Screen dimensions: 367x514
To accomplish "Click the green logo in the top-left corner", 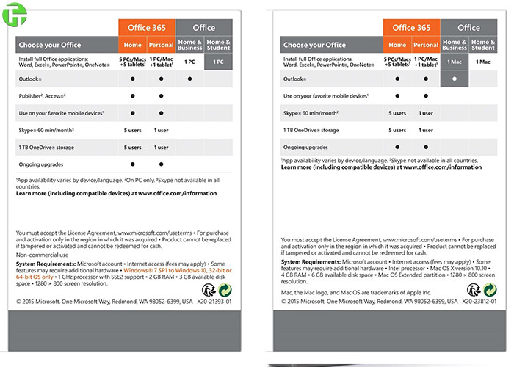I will click(x=13, y=14).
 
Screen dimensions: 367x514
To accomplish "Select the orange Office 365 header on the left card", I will click(x=147, y=28).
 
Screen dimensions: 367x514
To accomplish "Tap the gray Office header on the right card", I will click(x=468, y=28).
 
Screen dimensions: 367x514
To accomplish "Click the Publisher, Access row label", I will click(x=43, y=96).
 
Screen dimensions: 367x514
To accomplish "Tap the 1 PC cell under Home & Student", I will click(x=218, y=62).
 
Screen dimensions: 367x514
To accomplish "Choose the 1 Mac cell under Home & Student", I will click(x=483, y=62).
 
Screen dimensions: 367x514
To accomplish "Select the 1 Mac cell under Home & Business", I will click(x=455, y=62).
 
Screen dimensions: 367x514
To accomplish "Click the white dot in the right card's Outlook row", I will click(x=455, y=79).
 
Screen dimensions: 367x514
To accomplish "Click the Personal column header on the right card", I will click(x=426, y=45).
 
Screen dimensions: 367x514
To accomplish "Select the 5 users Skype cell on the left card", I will click(x=132, y=130).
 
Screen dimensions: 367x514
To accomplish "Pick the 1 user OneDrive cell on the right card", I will click(x=426, y=130).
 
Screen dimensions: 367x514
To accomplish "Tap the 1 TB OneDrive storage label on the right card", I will click(x=311, y=130).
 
